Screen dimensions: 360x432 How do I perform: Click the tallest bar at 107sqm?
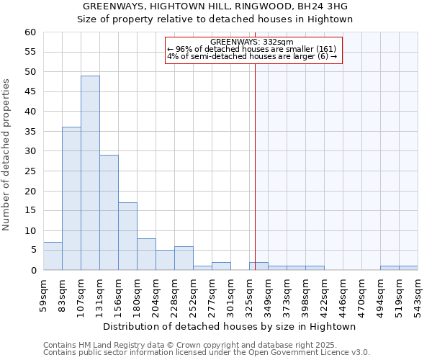[90, 173]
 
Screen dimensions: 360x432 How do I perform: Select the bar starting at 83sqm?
[71, 199]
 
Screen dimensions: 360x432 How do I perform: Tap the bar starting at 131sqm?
[109, 212]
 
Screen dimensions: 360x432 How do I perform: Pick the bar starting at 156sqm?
[127, 236]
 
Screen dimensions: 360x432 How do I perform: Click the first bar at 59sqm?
[53, 256]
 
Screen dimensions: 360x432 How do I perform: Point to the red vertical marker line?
[255, 166]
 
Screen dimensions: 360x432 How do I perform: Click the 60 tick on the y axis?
[30, 32]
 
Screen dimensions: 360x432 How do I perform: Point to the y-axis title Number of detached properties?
[7, 156]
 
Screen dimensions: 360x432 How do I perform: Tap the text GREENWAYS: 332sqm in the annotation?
[252, 42]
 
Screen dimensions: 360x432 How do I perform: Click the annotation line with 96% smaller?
[252, 49]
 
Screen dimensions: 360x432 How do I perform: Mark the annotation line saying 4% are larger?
[252, 56]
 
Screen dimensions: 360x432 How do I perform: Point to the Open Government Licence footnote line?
[207, 353]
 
